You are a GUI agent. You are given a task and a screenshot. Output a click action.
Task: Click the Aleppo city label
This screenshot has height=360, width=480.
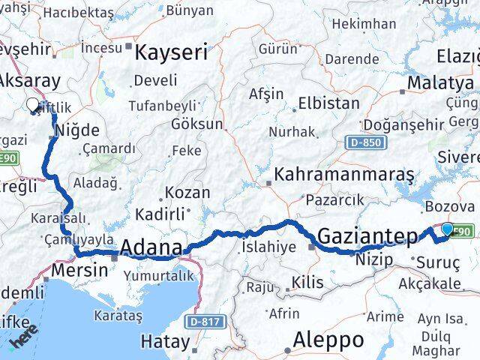328,339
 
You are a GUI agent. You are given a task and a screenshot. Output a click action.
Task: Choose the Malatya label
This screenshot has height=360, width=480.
440,82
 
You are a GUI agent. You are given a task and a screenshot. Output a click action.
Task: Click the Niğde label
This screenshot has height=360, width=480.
79,130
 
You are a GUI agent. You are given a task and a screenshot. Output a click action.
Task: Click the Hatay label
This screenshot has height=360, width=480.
165,341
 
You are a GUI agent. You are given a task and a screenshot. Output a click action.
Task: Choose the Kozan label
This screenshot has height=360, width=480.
187,192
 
